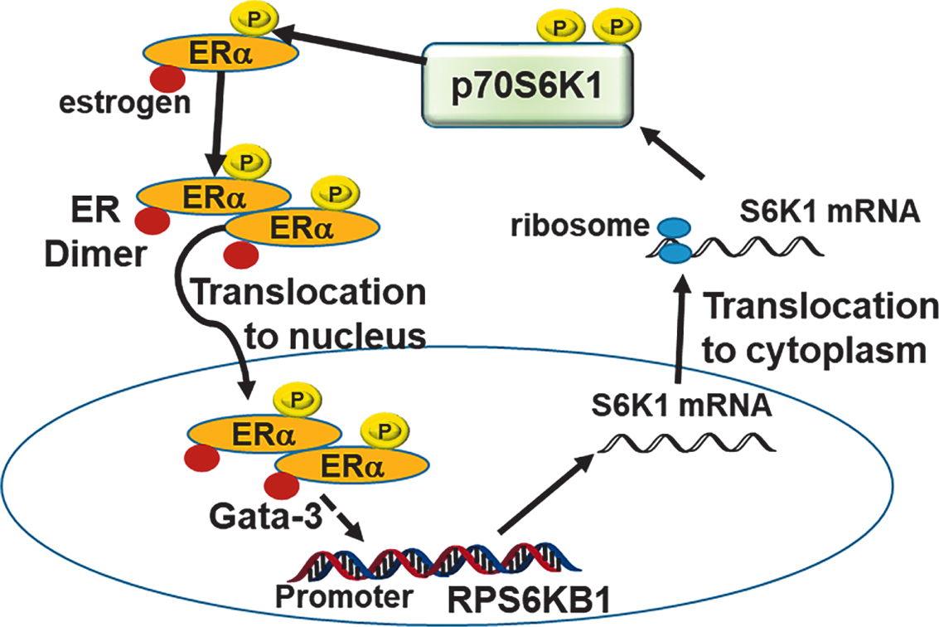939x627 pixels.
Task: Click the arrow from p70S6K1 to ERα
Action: click(348, 46)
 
